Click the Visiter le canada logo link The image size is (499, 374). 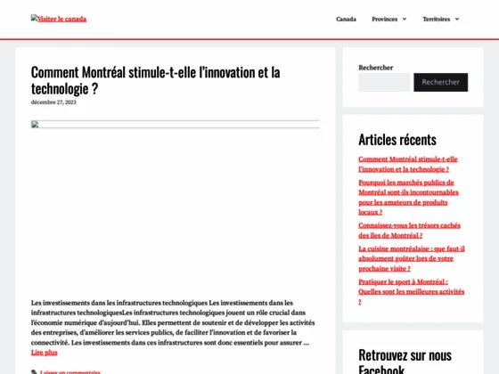tap(59, 19)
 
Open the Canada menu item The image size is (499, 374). tap(346, 19)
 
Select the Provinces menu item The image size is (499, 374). tap(385, 19)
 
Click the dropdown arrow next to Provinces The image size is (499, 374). tap(404, 19)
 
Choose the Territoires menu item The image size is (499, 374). tap(436, 19)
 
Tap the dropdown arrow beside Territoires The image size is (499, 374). tap(457, 19)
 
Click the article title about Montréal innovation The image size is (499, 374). tap(155, 80)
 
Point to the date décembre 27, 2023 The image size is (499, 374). tap(53, 102)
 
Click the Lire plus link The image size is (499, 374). tap(45, 353)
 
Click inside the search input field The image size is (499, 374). tap(384, 82)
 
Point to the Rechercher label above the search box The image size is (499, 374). tap(375, 68)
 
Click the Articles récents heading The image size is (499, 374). tap(397, 139)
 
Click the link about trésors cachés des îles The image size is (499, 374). tap(409, 231)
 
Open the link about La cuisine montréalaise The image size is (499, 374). tap(411, 258)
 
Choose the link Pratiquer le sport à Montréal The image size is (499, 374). tap(411, 291)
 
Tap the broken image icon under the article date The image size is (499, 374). tap(36, 125)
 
